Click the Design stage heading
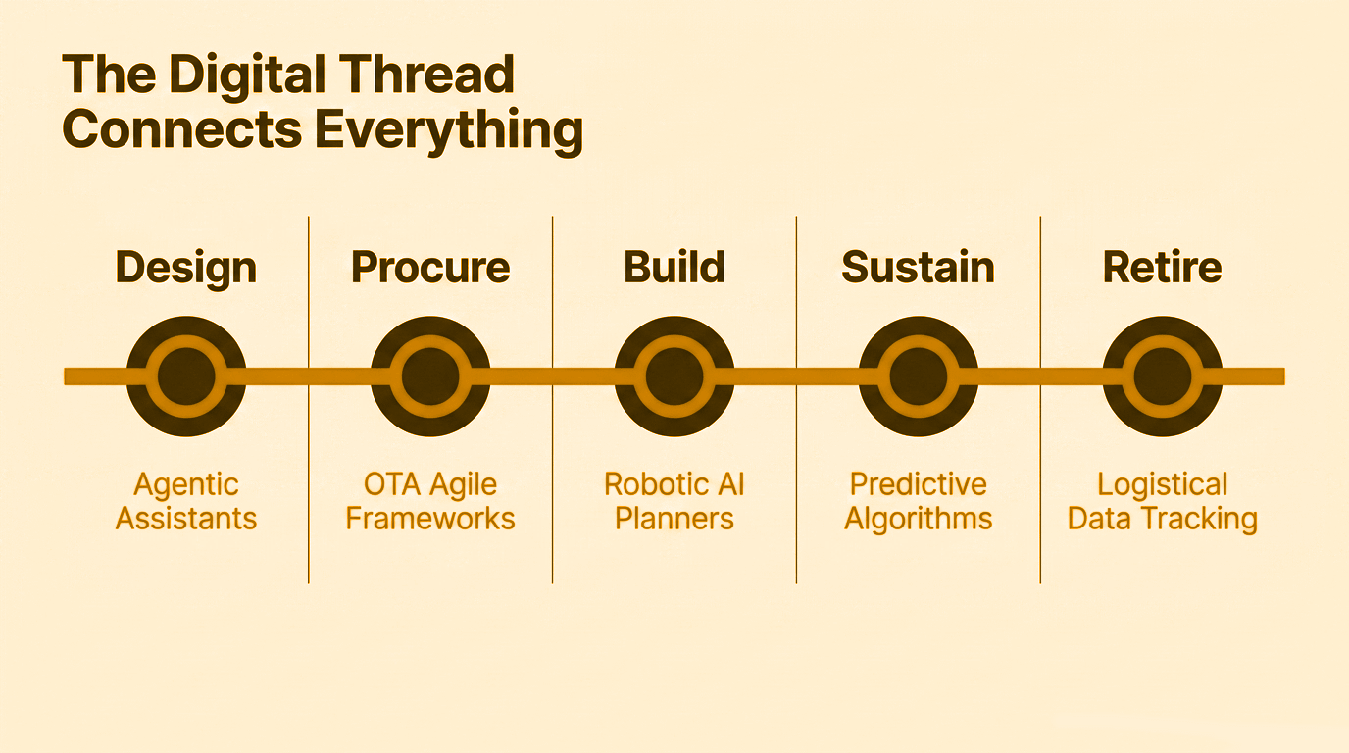pyautogui.click(x=186, y=268)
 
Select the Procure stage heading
pyautogui.click(x=430, y=268)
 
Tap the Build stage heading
pyautogui.click(x=674, y=268)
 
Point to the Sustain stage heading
pyautogui.click(x=918, y=268)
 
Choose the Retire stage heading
pyautogui.click(x=1162, y=268)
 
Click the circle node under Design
pyautogui.click(x=186, y=376)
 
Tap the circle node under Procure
pyautogui.click(x=430, y=376)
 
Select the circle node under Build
pyautogui.click(x=674, y=376)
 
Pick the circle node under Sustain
pyautogui.click(x=918, y=376)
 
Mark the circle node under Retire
pyautogui.click(x=1162, y=376)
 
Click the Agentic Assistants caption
pyautogui.click(x=186, y=501)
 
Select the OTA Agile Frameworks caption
pyautogui.click(x=430, y=501)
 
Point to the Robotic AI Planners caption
pyautogui.click(x=674, y=501)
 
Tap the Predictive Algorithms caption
pyautogui.click(x=918, y=501)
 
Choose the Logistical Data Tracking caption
pyautogui.click(x=1162, y=501)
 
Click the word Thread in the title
pyautogui.click(x=422, y=75)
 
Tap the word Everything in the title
pyautogui.click(x=450, y=129)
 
